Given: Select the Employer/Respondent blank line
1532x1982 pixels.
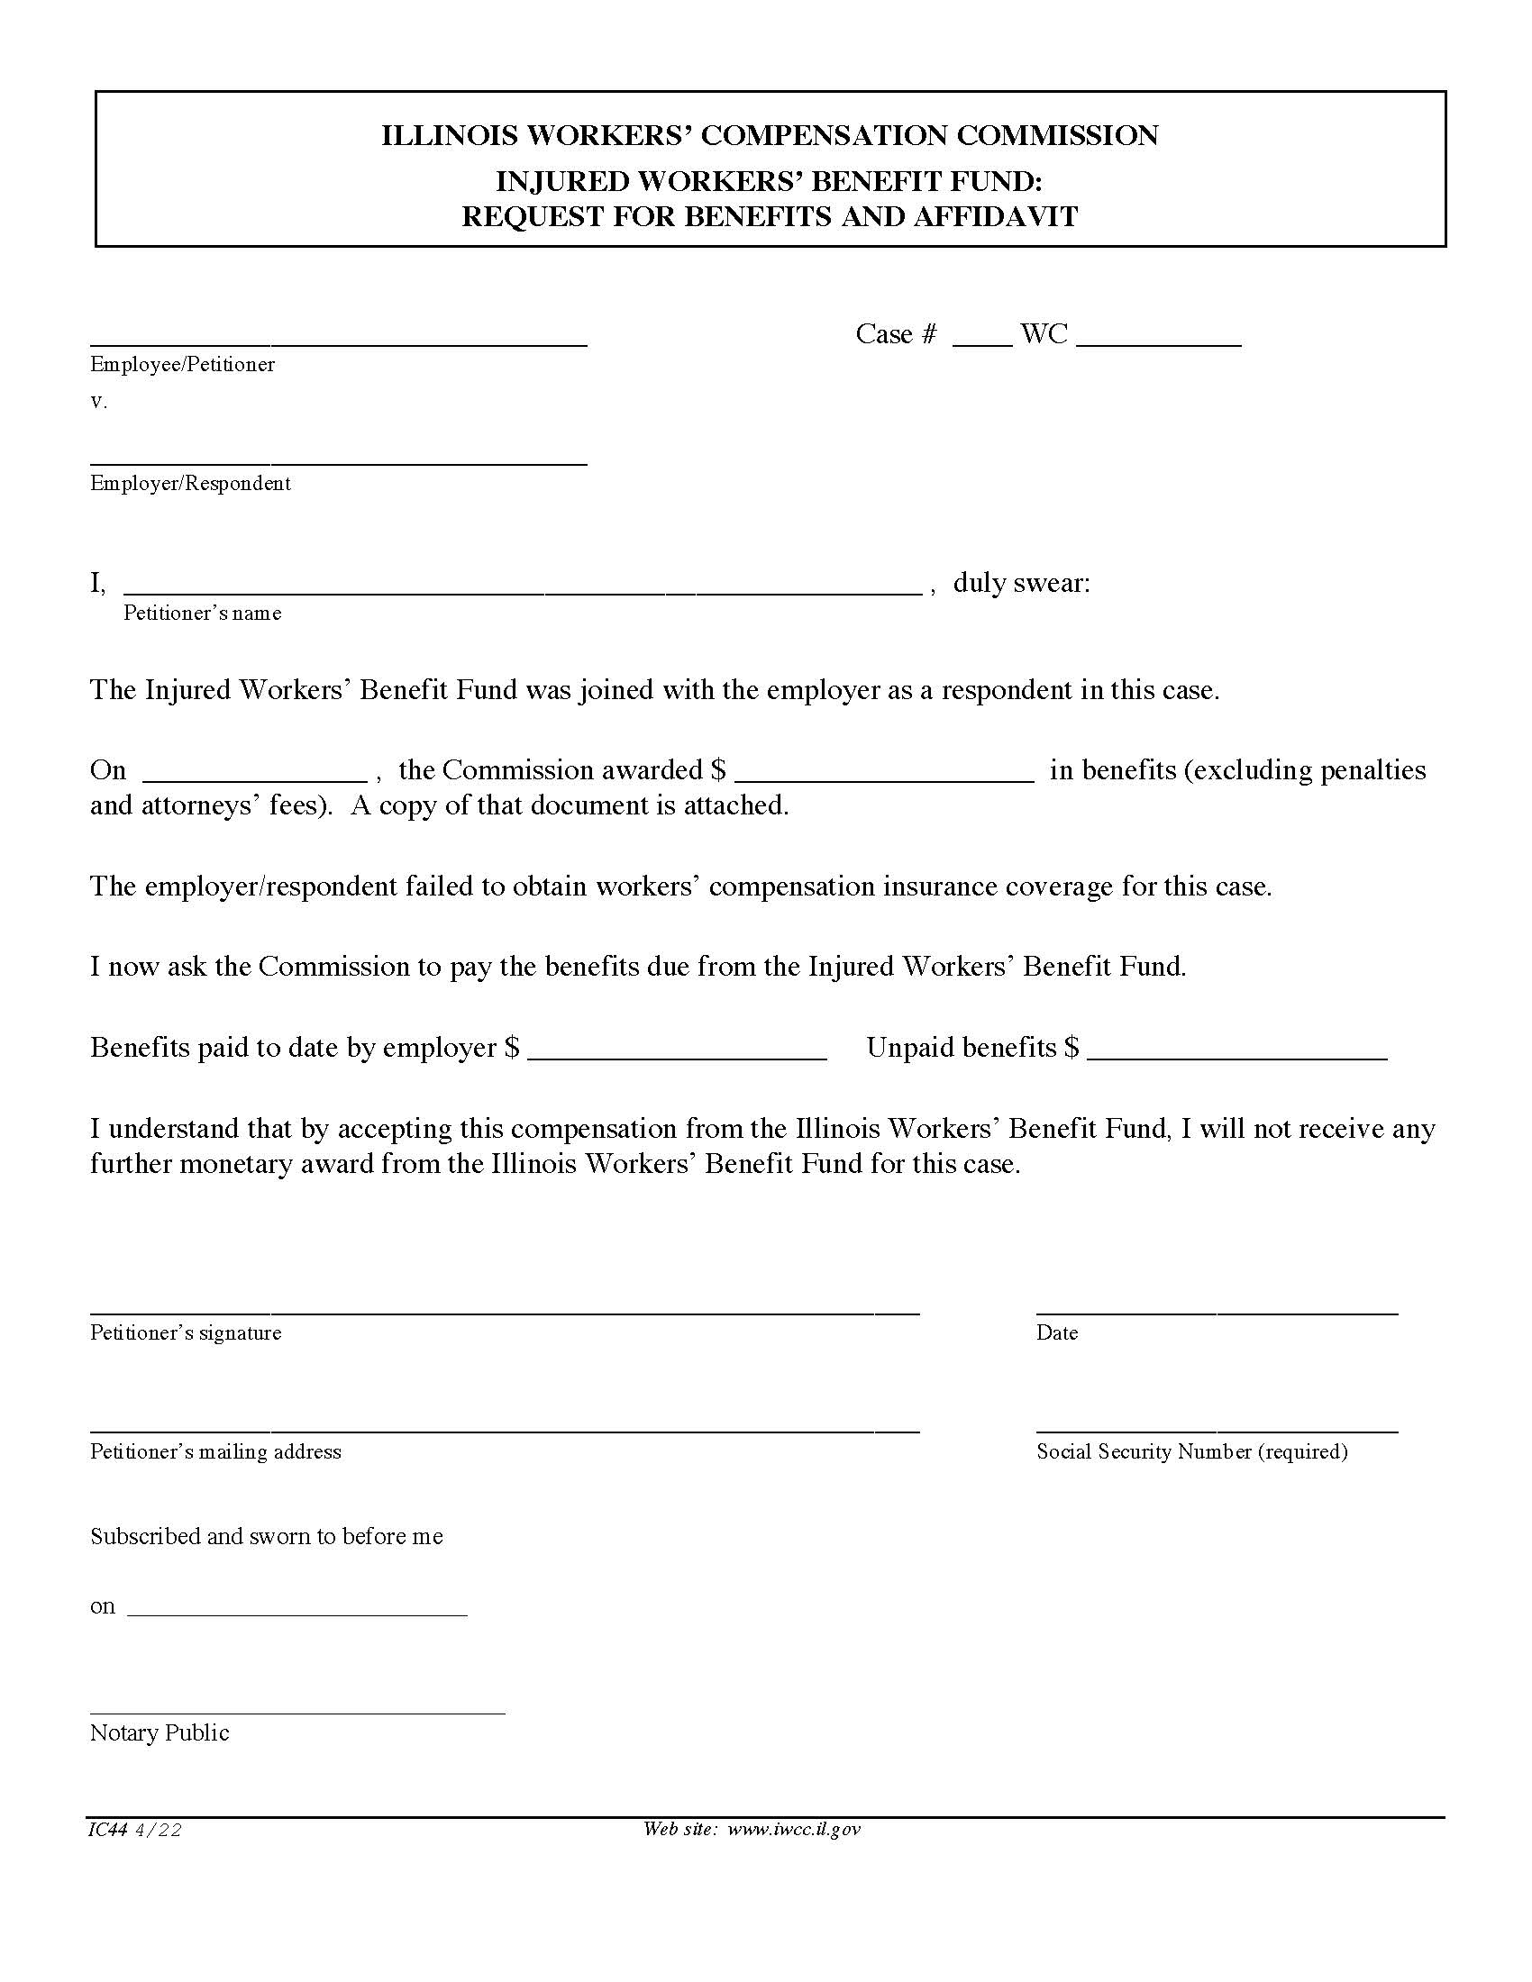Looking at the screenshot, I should tap(338, 457).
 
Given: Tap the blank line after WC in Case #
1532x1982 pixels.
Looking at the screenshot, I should tap(1158, 338).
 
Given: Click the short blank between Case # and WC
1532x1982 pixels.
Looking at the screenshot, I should tap(982, 338).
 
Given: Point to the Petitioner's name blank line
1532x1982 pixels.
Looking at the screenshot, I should tap(522, 585).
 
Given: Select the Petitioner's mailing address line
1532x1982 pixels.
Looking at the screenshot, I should tap(504, 1423).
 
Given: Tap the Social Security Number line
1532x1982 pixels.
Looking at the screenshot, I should tap(1217, 1423).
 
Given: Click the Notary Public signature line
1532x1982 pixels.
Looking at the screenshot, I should tap(296, 1705).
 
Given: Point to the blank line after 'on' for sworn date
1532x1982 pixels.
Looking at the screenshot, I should tap(296, 1607).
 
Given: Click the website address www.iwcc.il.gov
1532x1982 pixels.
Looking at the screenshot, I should tap(793, 1829).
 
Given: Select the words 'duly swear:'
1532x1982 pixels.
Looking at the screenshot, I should tap(1021, 583).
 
